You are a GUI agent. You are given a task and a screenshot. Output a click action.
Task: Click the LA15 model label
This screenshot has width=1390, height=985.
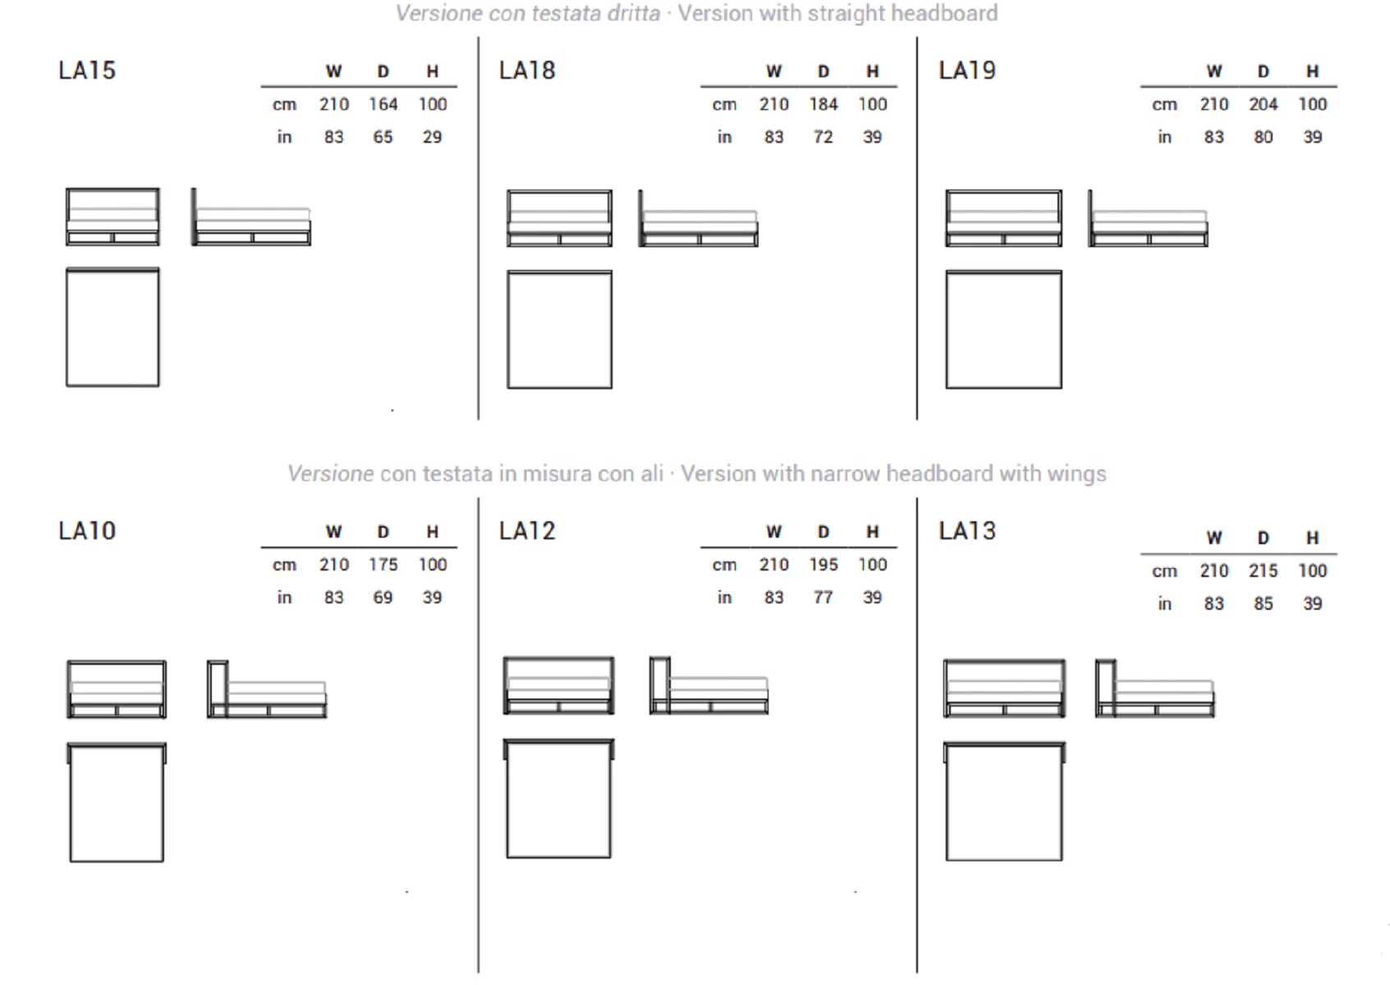pos(87,70)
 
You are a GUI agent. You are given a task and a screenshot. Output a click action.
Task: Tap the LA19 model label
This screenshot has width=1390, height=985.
pos(967,70)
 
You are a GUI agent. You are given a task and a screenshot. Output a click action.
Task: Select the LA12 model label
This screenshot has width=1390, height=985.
pos(527,531)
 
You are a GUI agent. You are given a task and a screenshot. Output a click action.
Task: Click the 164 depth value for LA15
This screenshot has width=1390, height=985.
pos(383,104)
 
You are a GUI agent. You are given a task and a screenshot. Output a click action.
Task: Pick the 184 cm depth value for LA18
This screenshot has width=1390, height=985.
pos(823,104)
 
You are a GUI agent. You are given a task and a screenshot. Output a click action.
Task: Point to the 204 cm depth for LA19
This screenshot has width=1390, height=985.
pos(1263,104)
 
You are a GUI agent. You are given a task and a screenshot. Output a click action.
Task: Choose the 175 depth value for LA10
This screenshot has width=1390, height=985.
pos(383,565)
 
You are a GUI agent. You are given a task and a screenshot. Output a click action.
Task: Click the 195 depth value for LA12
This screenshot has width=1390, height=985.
pos(823,565)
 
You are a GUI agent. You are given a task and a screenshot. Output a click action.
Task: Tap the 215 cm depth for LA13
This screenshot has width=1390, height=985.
pos(1263,570)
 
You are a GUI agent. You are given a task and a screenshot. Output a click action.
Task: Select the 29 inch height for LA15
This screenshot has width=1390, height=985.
pos(432,137)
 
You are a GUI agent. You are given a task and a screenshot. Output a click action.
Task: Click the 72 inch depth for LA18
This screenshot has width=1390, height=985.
pos(823,137)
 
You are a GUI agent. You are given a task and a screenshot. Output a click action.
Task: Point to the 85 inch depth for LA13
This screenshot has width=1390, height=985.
pos(1263,603)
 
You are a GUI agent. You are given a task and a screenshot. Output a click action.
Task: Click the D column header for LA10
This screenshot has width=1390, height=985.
pos(383,532)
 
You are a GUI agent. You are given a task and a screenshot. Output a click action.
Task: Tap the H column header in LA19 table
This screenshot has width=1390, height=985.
pos(1312,71)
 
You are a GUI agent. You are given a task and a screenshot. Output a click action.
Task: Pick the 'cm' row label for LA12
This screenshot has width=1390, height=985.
pos(724,565)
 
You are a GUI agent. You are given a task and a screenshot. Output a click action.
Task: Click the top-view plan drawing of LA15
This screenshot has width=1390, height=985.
pos(112,327)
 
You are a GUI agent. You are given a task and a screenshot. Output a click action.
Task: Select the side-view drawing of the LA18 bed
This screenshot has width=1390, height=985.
pos(698,218)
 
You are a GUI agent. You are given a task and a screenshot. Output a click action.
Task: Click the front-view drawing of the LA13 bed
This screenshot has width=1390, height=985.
pos(1004,689)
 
